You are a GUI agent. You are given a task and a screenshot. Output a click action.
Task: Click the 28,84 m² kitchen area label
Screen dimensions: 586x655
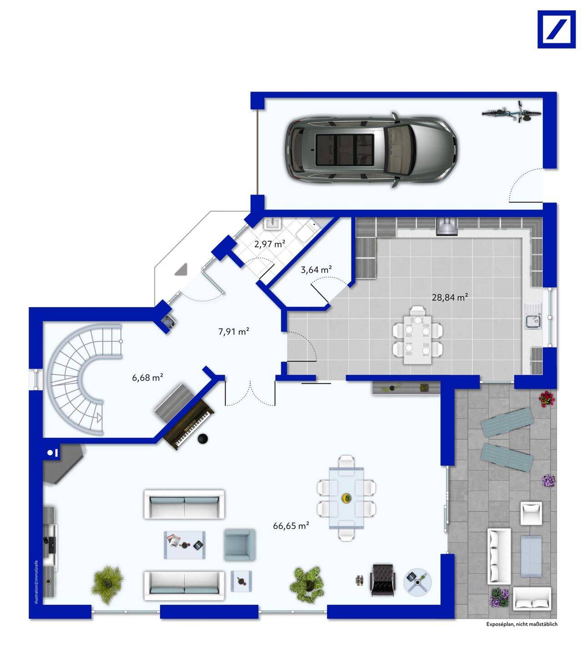(450, 297)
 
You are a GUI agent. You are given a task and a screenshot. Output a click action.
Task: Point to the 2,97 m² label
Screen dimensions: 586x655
(270, 244)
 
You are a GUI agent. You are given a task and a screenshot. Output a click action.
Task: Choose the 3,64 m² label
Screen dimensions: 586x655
(316, 270)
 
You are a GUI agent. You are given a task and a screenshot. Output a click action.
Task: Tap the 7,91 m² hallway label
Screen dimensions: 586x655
(233, 332)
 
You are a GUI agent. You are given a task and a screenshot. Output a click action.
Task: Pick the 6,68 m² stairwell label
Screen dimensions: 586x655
(147, 377)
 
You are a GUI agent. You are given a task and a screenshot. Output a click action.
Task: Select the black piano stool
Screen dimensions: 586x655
(203, 438)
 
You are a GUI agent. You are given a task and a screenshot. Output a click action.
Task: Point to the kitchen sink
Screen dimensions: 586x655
(533, 321)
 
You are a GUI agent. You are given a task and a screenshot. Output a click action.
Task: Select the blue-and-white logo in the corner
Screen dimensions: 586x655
(556, 30)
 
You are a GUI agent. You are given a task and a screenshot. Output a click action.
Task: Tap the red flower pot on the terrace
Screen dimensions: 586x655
(547, 398)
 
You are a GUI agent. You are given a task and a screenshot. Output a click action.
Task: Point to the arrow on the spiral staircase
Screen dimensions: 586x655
(98, 418)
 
